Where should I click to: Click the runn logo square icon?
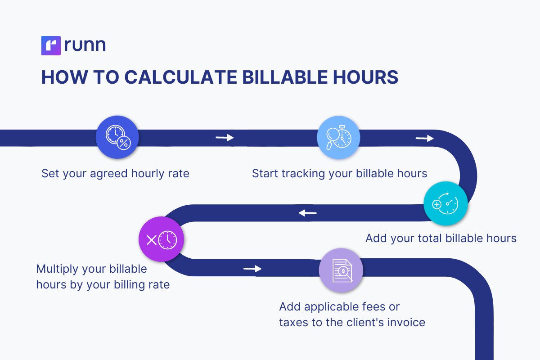pyautogui.click(x=50, y=46)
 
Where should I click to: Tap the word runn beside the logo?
pyautogui.click(x=85, y=46)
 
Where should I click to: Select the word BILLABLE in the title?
pyautogui.click(x=287, y=77)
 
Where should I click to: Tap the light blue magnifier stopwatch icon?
pyautogui.click(x=338, y=138)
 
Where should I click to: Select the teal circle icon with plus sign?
pyautogui.click(x=445, y=203)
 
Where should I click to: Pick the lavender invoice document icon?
pyautogui.click(x=341, y=270)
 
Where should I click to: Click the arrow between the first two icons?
pyautogui.click(x=225, y=138)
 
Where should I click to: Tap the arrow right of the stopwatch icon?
pyautogui.click(x=424, y=138)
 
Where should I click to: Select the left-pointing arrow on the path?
pyautogui.click(x=308, y=212)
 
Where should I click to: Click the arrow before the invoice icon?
pyautogui.click(x=252, y=269)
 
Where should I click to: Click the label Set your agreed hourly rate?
pyautogui.click(x=115, y=174)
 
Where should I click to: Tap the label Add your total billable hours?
pyautogui.click(x=441, y=238)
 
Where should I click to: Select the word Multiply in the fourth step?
pyautogui.click(x=56, y=269)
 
